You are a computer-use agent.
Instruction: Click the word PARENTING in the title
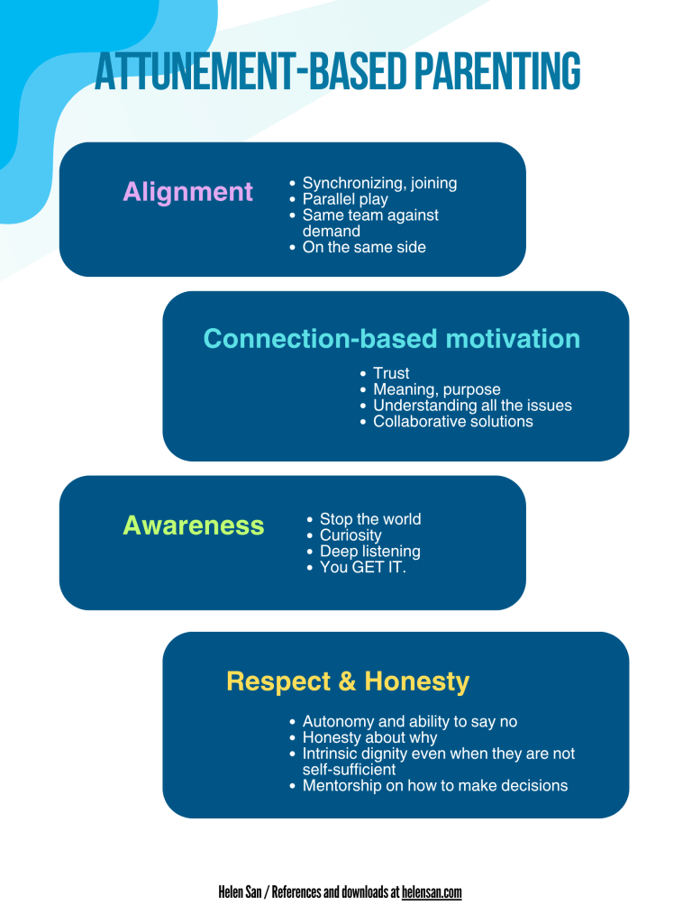coord(497,70)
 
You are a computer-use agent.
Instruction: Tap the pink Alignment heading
coord(187,192)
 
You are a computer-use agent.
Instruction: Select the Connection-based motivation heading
coord(392,339)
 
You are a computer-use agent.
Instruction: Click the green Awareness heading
coord(193,525)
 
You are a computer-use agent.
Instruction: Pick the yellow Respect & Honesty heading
coord(348,682)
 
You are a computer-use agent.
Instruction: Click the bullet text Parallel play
coord(345,199)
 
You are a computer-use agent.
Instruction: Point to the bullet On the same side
coord(364,247)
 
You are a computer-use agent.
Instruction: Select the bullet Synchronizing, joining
coord(379,184)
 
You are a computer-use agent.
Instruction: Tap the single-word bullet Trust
coord(391,373)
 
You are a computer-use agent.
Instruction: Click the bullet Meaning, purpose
coord(437,389)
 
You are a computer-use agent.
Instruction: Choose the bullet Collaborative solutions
coord(453,422)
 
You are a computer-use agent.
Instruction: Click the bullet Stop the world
coord(370,519)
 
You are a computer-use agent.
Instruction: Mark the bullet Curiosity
coord(351,535)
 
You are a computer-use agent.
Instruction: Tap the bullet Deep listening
coord(370,552)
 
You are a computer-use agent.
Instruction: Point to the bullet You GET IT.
coord(363,568)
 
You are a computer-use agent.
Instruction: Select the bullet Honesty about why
coord(369,737)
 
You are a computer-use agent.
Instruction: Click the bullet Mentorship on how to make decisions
coord(435,786)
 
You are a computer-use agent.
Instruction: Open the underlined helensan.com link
coord(432,892)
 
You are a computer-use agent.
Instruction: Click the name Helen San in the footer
coord(240,892)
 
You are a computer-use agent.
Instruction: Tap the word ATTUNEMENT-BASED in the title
coord(250,70)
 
